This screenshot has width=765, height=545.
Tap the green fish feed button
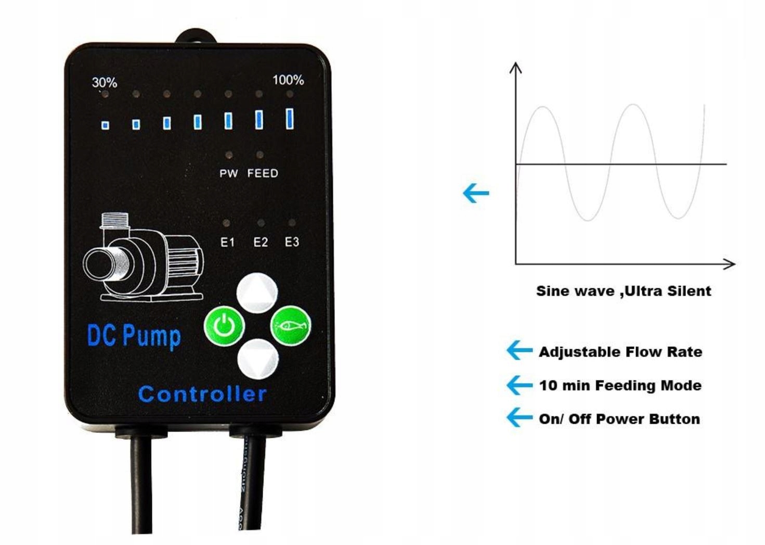point(291,326)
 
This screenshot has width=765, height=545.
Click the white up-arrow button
point(257,293)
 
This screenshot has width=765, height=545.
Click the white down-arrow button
point(258,359)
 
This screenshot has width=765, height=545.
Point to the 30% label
point(105,82)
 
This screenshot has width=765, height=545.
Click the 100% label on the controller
point(288,80)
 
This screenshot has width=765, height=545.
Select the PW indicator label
point(228,173)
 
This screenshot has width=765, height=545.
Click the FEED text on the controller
point(263,173)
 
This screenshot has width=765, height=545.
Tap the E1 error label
point(228,242)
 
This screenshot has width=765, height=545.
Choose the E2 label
point(261,242)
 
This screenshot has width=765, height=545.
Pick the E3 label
point(292,242)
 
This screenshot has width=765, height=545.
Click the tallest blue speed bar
point(290,118)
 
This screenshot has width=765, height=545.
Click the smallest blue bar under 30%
point(105,125)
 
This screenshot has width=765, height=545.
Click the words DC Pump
point(134,336)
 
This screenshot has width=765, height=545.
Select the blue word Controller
point(202,394)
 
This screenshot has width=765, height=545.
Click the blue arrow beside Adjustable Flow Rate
point(519,350)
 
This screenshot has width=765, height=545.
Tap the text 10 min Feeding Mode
point(620,386)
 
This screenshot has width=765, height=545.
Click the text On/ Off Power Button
point(619,419)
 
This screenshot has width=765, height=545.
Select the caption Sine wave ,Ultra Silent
point(623,290)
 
